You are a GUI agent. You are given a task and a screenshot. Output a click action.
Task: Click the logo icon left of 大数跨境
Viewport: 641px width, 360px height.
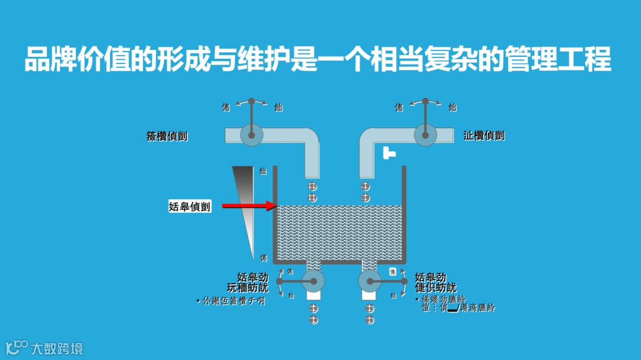click(x=17, y=347)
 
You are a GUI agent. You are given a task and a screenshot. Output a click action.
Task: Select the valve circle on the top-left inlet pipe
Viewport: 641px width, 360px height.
click(x=251, y=135)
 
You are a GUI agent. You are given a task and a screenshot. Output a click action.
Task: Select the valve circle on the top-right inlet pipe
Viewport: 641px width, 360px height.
click(x=424, y=135)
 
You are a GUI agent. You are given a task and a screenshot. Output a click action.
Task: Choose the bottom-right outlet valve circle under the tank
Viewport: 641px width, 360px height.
click(x=369, y=281)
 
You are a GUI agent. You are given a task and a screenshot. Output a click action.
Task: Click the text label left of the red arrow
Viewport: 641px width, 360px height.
click(x=189, y=207)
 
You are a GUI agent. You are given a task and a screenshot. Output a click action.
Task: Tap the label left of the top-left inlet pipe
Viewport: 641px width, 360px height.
click(x=167, y=136)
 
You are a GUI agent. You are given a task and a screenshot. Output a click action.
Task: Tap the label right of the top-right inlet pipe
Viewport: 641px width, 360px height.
click(x=484, y=136)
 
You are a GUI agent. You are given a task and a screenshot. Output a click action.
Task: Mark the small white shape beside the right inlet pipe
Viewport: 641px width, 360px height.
click(x=389, y=152)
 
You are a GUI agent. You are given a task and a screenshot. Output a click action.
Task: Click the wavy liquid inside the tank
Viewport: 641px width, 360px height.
click(x=339, y=234)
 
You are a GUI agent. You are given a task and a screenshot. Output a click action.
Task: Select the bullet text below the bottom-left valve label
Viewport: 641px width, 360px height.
click(x=230, y=301)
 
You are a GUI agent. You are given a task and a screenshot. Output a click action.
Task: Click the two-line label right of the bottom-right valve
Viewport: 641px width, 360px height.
click(x=436, y=282)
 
